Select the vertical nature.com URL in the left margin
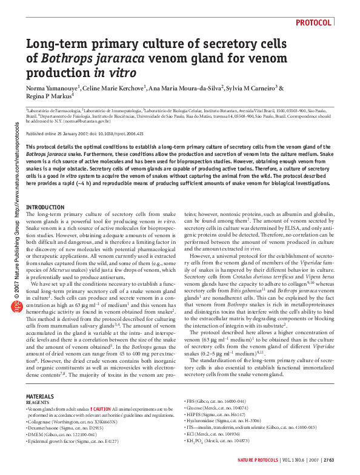[18, 177]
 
